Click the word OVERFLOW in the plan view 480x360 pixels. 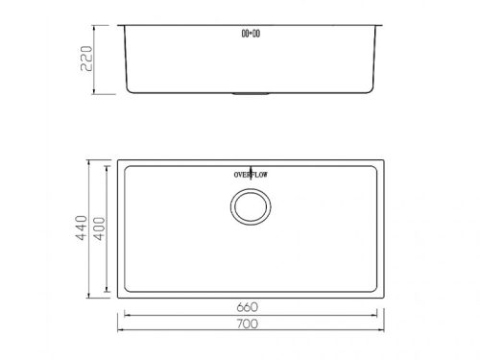coord(250,175)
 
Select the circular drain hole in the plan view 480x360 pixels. coord(250,205)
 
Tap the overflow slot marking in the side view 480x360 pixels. coord(250,34)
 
